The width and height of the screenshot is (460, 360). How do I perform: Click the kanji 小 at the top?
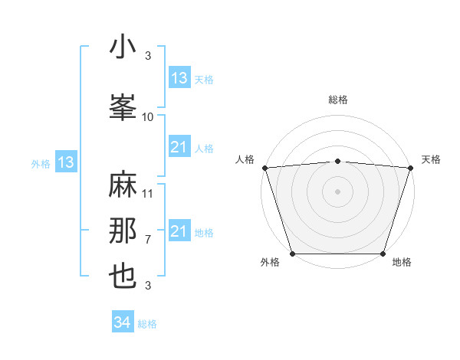click(x=123, y=48)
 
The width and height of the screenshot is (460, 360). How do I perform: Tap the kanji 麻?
click(x=123, y=187)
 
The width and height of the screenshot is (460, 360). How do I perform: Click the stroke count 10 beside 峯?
click(x=148, y=117)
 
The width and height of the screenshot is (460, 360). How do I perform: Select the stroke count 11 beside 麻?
click(x=148, y=194)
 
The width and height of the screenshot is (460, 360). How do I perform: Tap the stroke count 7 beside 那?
click(x=148, y=240)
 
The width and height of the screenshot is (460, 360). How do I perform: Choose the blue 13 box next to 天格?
click(x=179, y=78)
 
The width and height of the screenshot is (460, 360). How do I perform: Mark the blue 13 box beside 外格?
click(x=65, y=162)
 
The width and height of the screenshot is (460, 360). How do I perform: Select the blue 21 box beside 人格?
click(x=179, y=147)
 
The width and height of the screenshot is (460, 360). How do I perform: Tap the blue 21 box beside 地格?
click(x=179, y=231)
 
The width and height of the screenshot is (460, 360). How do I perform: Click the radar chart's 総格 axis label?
click(x=338, y=100)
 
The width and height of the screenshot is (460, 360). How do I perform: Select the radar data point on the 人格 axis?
click(x=264, y=168)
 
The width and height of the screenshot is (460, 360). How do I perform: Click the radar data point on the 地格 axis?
click(x=383, y=254)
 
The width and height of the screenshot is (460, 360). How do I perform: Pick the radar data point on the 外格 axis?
click(x=292, y=254)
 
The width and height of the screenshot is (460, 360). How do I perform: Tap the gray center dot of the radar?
click(x=338, y=191)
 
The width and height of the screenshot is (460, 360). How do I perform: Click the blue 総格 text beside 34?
click(x=147, y=324)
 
